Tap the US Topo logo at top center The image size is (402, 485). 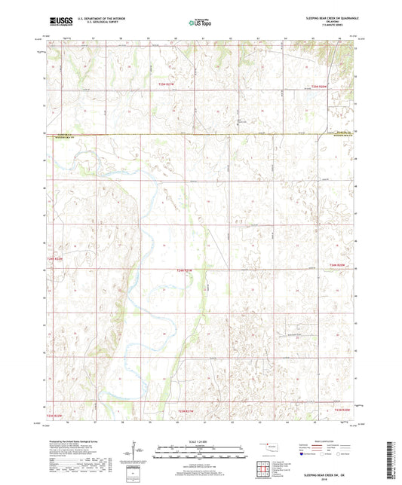click(x=198, y=23)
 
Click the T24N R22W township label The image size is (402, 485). click(x=57, y=260)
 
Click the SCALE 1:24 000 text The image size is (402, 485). click(x=200, y=441)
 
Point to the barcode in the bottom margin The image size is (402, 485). click(x=394, y=459)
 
